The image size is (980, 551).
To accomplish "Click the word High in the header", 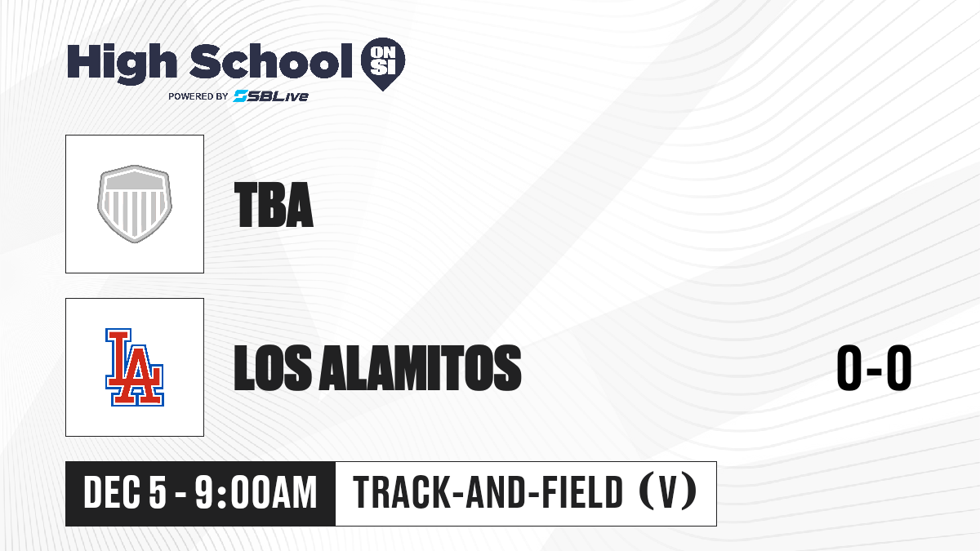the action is (x=122, y=64).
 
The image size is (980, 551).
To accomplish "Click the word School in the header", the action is (x=271, y=61).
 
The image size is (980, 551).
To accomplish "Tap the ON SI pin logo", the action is (x=383, y=64).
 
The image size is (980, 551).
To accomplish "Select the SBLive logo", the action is (x=271, y=96).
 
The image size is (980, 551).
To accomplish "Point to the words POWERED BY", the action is (x=198, y=96).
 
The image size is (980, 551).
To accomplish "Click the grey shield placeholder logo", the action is (x=135, y=204).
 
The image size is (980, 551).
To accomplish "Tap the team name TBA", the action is (x=274, y=205).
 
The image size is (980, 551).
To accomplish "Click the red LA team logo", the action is (x=135, y=367).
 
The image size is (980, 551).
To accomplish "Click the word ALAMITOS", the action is (x=420, y=368).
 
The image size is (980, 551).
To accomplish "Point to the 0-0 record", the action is (x=874, y=368).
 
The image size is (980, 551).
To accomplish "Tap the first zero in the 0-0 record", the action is (x=849, y=368).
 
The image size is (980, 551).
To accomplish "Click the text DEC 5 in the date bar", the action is (x=125, y=493).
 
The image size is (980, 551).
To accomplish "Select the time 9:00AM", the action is (x=256, y=493).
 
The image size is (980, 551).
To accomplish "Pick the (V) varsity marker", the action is (x=668, y=493).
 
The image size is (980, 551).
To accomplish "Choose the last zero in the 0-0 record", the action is (x=899, y=368).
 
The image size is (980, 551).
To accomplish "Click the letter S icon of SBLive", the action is (x=241, y=96).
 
